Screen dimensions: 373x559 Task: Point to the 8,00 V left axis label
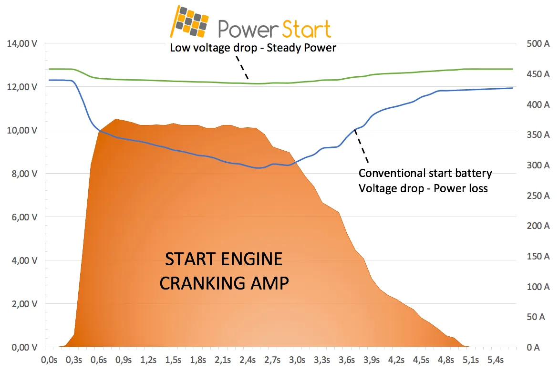[x=23, y=174]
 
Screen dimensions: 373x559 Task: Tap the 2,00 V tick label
[x=23, y=304]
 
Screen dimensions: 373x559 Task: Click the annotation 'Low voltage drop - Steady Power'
[x=253, y=48]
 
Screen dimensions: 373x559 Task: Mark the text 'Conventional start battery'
[x=425, y=173]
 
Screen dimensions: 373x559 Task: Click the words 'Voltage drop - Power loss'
[x=423, y=188]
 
